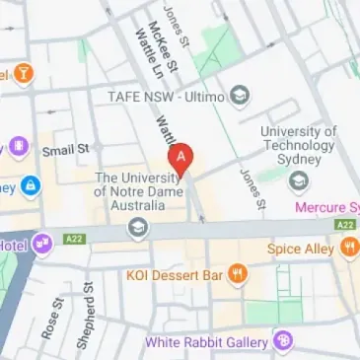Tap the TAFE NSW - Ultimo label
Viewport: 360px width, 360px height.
[x=167, y=97]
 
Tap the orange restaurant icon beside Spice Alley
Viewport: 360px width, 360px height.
[x=346, y=251]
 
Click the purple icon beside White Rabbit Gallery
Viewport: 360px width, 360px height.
[x=283, y=342]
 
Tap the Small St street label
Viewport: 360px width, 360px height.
[x=65, y=149]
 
